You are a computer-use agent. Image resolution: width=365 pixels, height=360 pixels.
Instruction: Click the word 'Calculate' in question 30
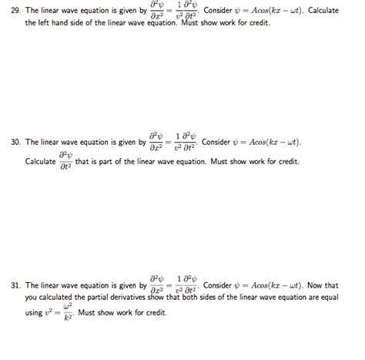tap(41, 162)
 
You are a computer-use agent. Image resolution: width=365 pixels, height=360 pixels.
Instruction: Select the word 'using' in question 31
tap(34, 313)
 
